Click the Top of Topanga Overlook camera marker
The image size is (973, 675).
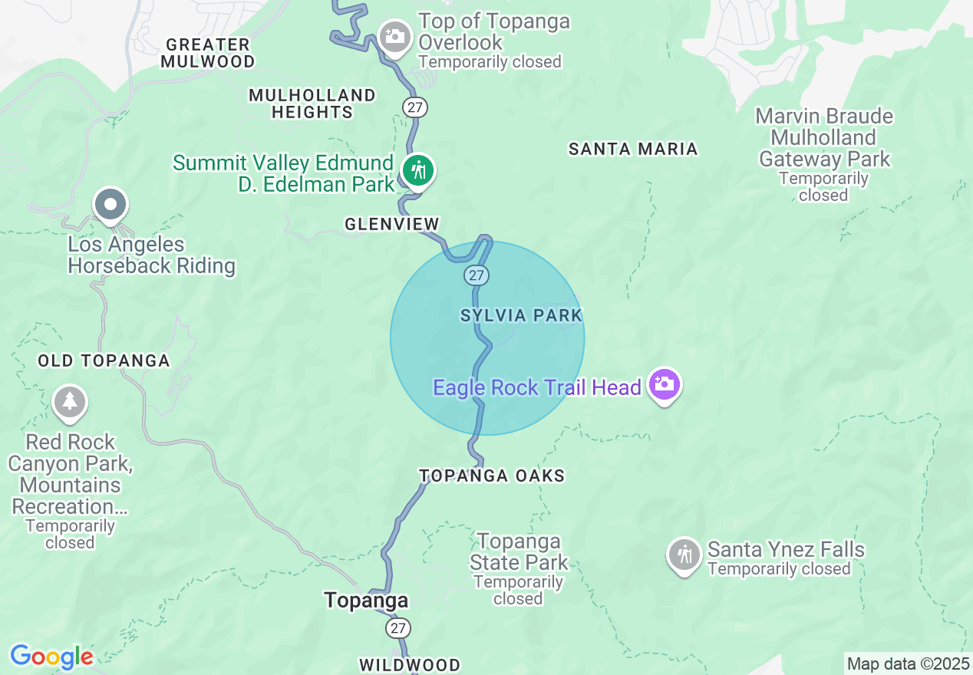coord(395,37)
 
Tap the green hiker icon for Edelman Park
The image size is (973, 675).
coord(417,170)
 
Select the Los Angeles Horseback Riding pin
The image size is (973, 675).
coord(111,205)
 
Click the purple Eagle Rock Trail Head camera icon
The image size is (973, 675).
coord(664,384)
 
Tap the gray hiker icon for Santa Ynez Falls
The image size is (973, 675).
coord(684,554)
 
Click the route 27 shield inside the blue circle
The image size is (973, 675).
coord(477,275)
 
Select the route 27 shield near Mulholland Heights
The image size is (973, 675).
coord(415,107)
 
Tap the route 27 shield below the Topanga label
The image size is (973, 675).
coord(397,628)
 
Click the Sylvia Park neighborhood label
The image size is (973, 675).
coord(521,315)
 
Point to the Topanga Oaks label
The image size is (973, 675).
coord(492,476)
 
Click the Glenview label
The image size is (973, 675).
coord(392,224)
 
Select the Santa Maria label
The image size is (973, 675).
coord(633,149)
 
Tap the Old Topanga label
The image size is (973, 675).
coord(104,361)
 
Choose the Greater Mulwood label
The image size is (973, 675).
coord(208,53)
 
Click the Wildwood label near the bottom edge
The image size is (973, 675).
coord(410,664)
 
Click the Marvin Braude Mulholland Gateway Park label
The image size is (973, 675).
coord(824,139)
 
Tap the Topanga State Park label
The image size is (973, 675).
coord(519,552)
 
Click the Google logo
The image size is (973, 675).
coord(51,657)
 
